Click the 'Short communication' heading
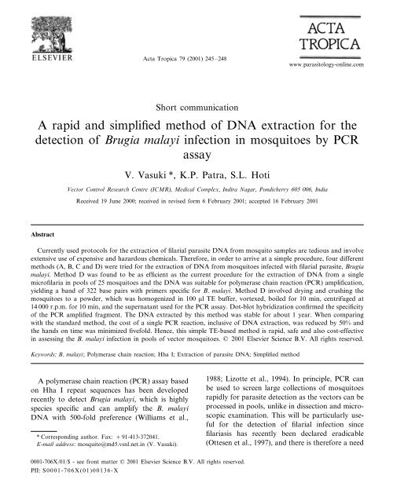[x=196, y=105]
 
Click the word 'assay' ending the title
[x=196, y=160]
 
